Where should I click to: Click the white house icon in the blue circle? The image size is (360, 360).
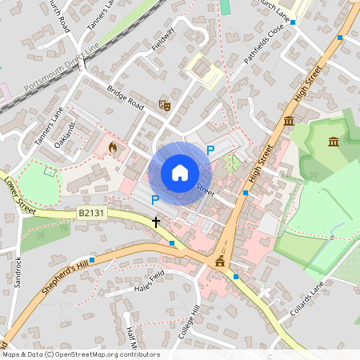click(180, 173)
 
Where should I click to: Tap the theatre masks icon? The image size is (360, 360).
click(166, 105)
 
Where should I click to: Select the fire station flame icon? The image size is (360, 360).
click(112, 147)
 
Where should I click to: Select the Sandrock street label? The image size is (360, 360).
click(17, 272)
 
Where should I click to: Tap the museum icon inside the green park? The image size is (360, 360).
click(333, 142)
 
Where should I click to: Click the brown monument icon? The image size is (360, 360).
click(220, 262)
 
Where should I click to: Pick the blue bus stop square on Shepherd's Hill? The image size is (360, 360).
click(92, 259)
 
